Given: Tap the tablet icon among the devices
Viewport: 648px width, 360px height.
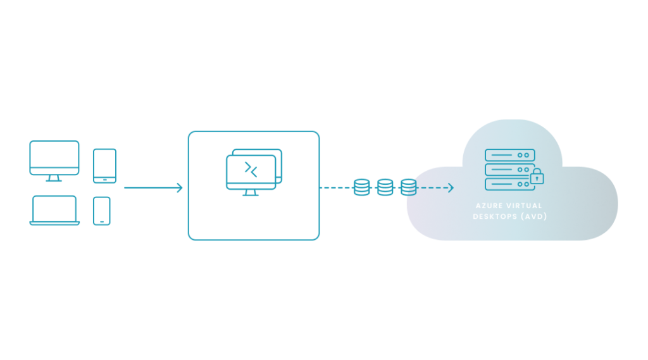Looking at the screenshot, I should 104,166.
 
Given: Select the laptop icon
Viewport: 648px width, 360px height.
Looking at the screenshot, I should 55,210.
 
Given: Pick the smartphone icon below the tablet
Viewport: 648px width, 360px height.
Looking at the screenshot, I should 101,211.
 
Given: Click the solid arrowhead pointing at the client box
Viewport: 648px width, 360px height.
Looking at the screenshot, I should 180,187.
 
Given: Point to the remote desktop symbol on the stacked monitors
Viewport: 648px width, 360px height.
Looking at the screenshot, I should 251,169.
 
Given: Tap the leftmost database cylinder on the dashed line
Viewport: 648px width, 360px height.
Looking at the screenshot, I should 362,187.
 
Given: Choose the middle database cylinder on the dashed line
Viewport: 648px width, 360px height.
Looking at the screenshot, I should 385,187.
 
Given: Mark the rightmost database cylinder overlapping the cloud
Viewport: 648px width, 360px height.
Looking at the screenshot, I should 408,187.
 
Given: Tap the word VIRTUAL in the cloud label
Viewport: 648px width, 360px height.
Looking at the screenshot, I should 525,206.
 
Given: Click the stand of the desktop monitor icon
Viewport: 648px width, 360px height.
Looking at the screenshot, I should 54,179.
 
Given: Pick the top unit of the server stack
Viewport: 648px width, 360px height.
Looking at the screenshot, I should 510,155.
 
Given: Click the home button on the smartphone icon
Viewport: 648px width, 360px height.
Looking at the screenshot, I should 101,221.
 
